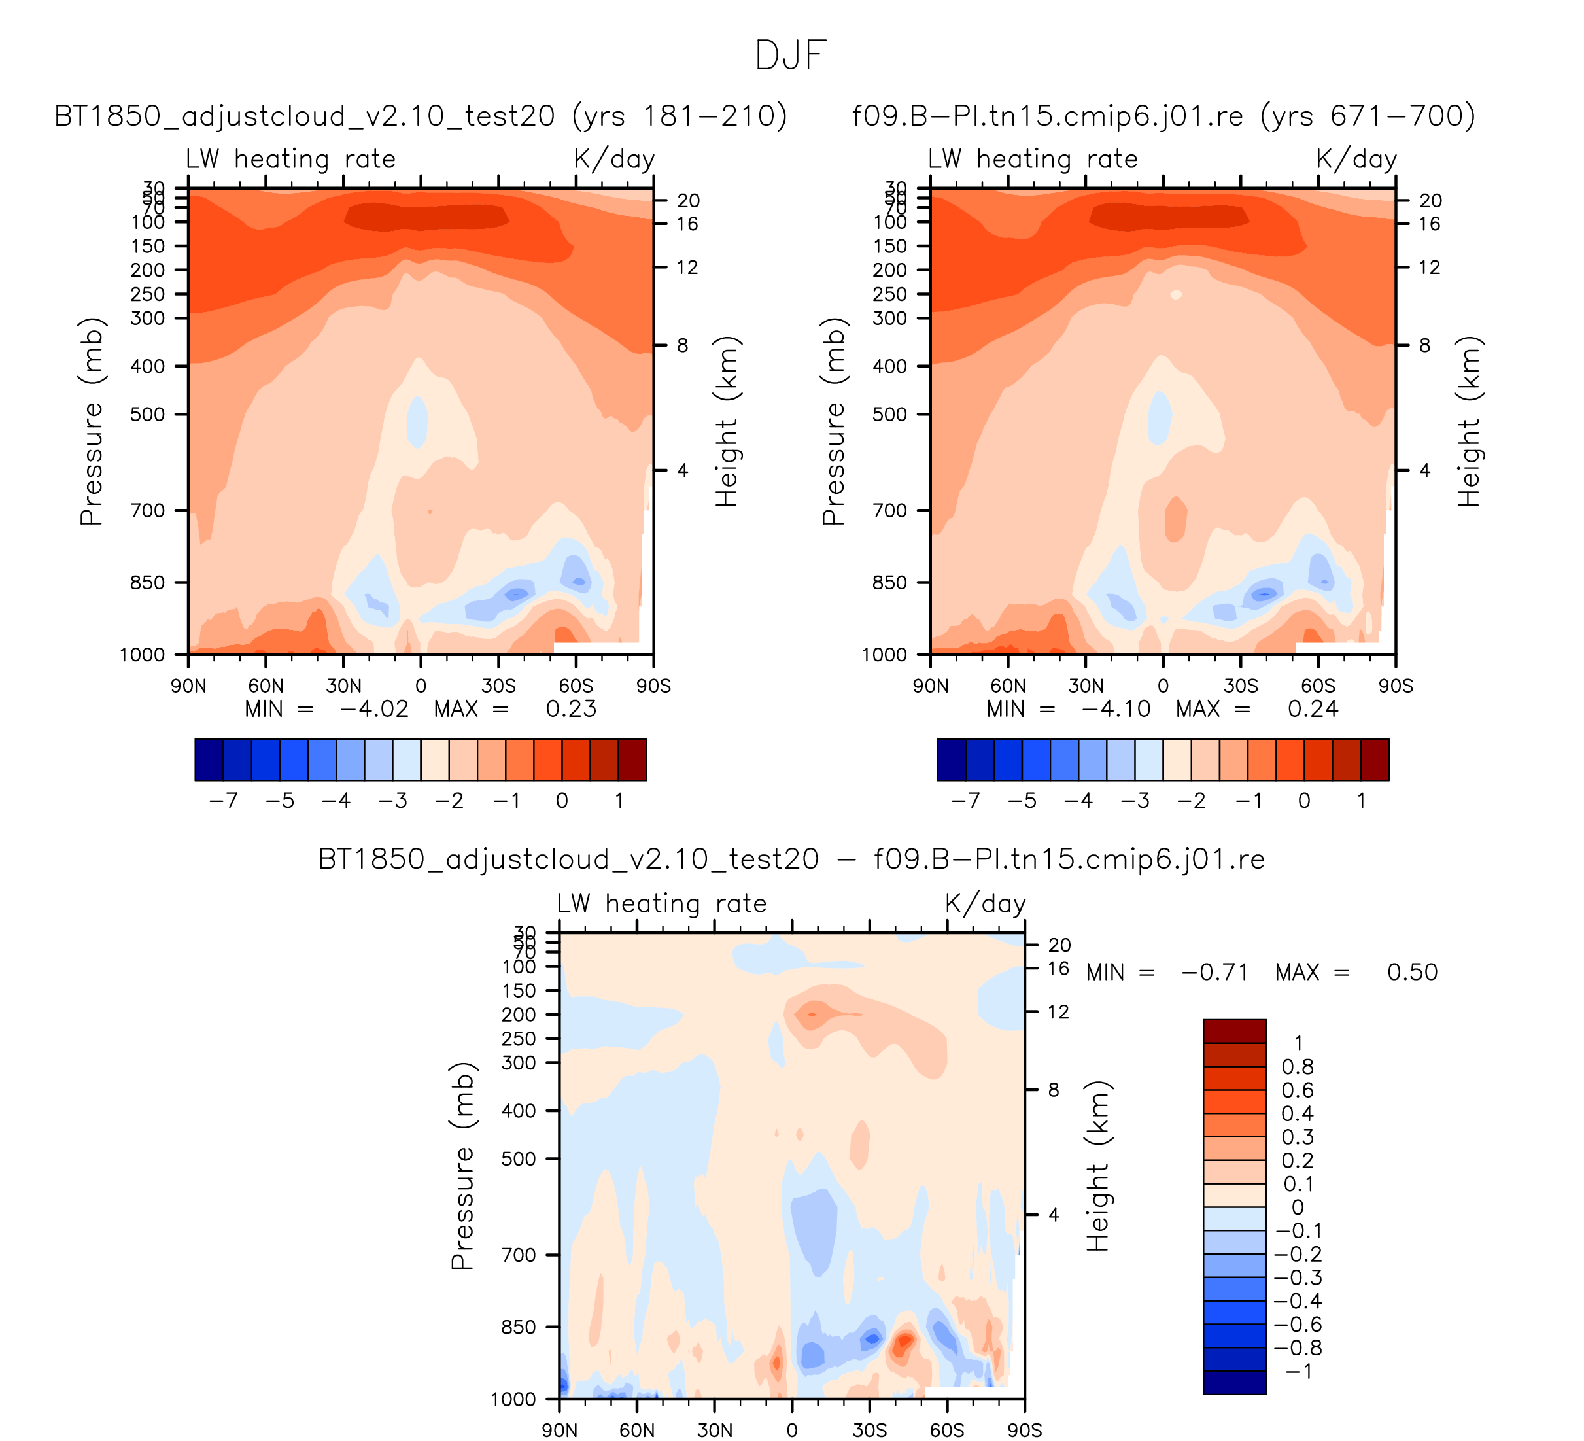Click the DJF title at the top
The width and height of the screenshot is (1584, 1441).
point(791,56)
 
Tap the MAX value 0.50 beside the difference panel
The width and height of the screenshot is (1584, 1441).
point(1412,973)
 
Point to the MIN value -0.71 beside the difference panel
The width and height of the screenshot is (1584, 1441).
point(1214,973)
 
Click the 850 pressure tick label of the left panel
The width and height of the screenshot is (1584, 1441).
point(147,583)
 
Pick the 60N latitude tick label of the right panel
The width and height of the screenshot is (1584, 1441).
point(1008,687)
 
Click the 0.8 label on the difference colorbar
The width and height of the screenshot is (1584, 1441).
point(1297,1067)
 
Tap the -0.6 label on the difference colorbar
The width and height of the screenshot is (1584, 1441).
point(1297,1325)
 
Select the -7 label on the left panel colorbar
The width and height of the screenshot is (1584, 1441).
point(223,801)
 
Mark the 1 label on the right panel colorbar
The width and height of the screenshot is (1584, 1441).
point(1362,801)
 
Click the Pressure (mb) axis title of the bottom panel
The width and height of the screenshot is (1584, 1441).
point(463,1166)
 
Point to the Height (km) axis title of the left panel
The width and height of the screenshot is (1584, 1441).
point(727,422)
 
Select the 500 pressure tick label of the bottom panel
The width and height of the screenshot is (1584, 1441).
point(519,1159)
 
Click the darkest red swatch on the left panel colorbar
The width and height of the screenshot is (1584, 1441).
point(632,760)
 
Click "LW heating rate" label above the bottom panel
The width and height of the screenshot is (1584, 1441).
point(662,903)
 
